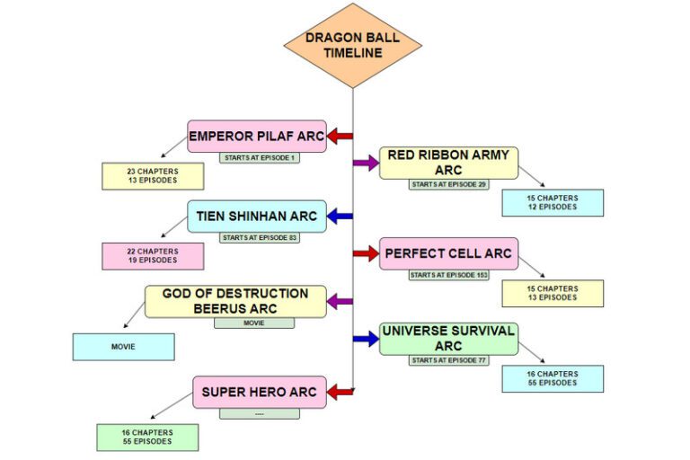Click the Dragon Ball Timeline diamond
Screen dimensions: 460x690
coord(352,45)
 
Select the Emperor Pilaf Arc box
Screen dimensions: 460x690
coord(256,137)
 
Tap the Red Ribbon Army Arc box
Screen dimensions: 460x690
coord(448,163)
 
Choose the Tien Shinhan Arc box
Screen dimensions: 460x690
coord(257,216)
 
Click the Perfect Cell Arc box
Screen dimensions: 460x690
coord(448,253)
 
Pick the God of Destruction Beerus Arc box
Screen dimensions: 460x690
coord(235,301)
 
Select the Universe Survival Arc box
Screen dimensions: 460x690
coord(448,339)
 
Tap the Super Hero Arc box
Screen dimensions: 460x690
coord(259,392)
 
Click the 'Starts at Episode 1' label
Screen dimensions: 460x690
coord(259,158)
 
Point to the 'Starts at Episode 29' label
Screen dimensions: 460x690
coord(448,184)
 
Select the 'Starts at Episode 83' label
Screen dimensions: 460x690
coord(259,238)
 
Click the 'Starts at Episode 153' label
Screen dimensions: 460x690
coord(448,275)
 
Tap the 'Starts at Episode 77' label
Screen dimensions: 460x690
coord(448,360)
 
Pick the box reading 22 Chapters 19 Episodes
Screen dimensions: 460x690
coord(152,256)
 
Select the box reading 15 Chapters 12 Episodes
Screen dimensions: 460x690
coord(553,202)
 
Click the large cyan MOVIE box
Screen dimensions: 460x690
coord(123,347)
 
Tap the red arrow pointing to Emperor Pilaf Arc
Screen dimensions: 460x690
coord(340,137)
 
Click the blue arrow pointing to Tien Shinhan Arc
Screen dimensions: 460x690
coord(340,216)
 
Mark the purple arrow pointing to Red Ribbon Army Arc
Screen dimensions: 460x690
coord(366,163)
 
